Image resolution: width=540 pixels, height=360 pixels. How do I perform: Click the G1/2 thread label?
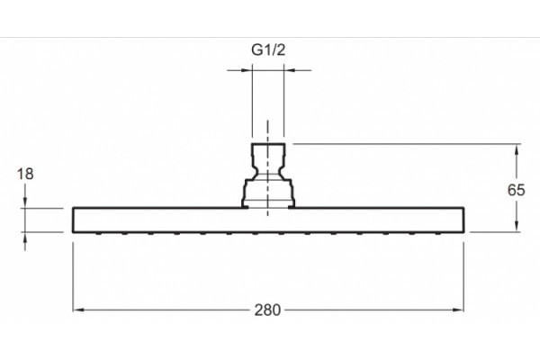pyautogui.click(x=268, y=50)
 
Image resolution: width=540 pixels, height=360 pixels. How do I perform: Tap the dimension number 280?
pyautogui.click(x=267, y=310)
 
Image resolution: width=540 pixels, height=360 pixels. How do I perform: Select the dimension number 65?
pyautogui.click(x=517, y=190)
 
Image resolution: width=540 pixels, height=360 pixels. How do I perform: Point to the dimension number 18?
pyautogui.click(x=25, y=174)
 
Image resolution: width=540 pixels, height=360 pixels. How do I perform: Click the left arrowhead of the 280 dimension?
pyautogui.click(x=78, y=310)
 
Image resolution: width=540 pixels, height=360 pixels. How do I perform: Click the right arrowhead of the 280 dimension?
pyautogui.click(x=458, y=310)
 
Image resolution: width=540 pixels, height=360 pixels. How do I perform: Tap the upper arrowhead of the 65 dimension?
pyautogui.click(x=517, y=150)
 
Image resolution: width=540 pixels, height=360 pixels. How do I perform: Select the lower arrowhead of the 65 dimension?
pyautogui.click(x=517, y=226)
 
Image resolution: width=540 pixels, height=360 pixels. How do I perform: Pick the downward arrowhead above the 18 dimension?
pyautogui.click(x=25, y=202)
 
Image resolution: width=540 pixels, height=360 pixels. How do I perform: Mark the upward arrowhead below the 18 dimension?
pyautogui.click(x=25, y=238)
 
